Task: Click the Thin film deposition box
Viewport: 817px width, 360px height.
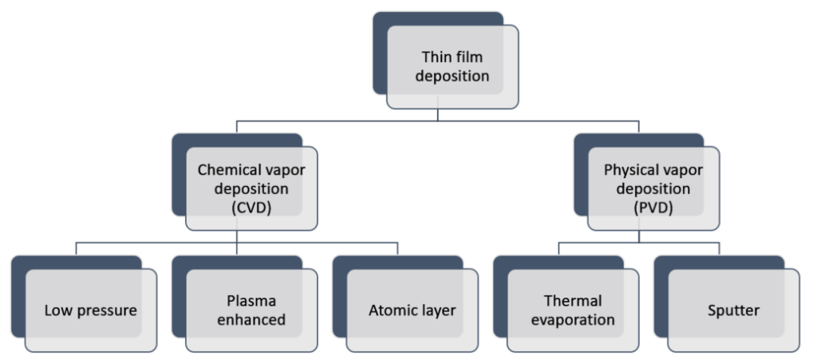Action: coord(452,67)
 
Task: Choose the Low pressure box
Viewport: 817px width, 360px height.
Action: coord(90,311)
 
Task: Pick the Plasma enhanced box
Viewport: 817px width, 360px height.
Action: coord(251,311)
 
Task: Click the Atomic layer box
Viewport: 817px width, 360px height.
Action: coord(412,311)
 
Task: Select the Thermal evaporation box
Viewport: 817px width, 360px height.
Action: coord(573,311)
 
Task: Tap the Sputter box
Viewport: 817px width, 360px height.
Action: coord(733,311)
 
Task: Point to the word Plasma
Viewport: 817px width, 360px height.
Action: coord(251,302)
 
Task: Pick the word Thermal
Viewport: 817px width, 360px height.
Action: coord(573,302)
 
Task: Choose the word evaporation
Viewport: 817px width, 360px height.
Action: coord(573,320)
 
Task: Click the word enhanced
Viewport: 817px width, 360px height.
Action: coord(251,320)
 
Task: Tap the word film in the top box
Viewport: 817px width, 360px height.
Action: coord(469,58)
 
